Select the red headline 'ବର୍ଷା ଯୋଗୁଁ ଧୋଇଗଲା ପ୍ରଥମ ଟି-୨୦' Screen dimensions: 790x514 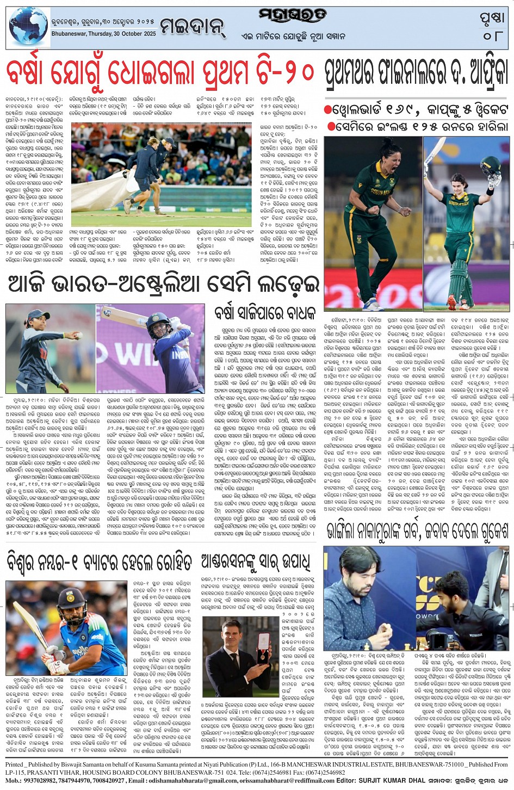coord(161,73)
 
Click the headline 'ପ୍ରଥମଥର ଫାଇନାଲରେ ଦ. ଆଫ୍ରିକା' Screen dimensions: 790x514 coord(417,72)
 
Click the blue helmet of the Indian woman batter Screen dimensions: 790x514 coord(156,325)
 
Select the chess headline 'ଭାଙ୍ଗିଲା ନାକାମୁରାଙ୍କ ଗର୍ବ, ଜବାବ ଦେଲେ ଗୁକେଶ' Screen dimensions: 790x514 coord(418,529)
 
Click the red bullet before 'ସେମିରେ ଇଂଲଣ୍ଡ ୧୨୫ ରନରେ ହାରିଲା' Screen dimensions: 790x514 coord(328,126)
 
